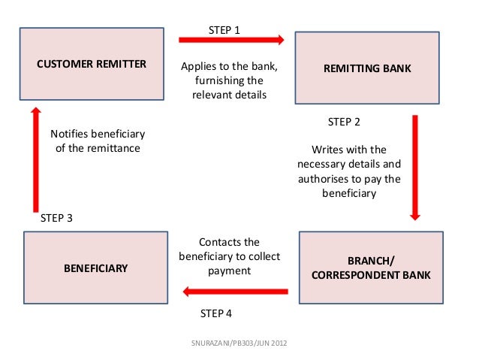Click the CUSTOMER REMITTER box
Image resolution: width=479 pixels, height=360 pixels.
pyautogui.click(x=92, y=64)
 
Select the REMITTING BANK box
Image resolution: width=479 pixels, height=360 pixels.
pyautogui.click(x=367, y=68)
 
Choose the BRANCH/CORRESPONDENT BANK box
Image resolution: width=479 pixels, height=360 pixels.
pyautogui.click(x=371, y=268)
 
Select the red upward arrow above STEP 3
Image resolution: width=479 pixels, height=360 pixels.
pyautogui.click(x=34, y=159)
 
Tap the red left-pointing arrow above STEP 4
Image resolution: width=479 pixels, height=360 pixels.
pyautogui.click(x=236, y=292)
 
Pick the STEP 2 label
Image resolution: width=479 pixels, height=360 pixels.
pyautogui.click(x=345, y=121)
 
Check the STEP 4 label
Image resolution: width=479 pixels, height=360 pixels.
pyautogui.click(x=221, y=313)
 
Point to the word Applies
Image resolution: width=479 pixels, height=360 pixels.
pyautogui.click(x=200, y=67)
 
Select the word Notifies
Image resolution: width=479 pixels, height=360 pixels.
pyautogui.click(x=71, y=135)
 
